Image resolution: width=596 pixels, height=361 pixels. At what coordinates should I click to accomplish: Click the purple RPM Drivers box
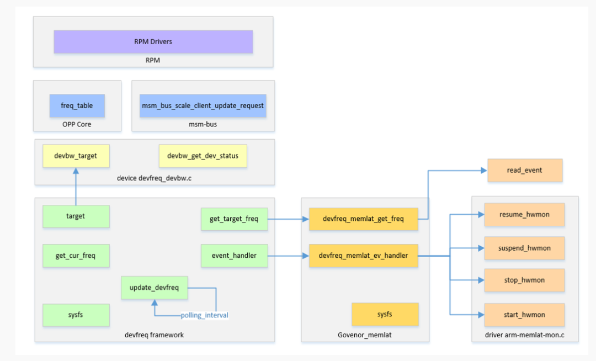click(153, 41)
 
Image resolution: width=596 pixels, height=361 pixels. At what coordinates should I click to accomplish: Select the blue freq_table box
click(77, 105)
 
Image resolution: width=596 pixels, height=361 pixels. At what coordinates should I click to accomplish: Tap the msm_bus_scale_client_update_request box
click(203, 105)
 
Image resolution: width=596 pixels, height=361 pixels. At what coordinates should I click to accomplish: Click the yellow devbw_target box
click(76, 156)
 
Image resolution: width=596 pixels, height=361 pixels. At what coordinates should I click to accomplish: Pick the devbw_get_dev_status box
click(203, 156)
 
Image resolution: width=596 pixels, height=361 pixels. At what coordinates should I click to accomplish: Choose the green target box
click(76, 216)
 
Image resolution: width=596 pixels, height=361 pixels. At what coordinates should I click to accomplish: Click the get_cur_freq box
click(76, 256)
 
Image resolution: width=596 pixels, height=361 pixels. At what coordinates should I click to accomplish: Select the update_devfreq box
click(154, 288)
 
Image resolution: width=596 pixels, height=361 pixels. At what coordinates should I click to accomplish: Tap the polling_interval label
click(204, 315)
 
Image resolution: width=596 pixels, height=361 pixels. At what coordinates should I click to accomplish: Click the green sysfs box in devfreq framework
click(76, 315)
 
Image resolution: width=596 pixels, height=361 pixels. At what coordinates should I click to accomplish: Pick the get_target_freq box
click(234, 219)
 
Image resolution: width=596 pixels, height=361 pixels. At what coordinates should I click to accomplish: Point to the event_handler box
click(234, 256)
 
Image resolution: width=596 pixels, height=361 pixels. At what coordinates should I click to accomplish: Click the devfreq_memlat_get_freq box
click(363, 219)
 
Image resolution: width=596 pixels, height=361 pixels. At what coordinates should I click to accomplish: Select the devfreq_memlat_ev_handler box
click(363, 256)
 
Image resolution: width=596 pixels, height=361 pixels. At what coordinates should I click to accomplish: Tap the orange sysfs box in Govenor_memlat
click(385, 314)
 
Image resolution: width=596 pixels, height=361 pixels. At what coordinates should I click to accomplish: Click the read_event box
click(524, 170)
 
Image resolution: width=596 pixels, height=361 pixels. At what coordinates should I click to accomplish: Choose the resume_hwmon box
click(524, 214)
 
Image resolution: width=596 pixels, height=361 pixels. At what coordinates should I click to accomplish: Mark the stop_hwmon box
click(524, 280)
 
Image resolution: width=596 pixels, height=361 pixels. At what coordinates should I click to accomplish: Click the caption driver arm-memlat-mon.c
click(524, 335)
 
